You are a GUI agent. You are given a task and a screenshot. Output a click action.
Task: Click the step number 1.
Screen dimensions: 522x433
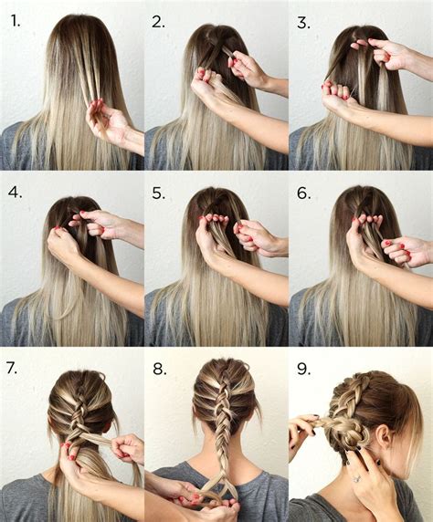15,21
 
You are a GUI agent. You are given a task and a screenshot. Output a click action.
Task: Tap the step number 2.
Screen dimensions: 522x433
159,21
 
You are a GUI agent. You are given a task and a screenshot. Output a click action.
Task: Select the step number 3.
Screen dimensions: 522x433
303,21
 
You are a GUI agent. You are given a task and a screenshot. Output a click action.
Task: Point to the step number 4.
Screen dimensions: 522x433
15,193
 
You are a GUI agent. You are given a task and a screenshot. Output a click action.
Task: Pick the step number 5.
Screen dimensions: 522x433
159,193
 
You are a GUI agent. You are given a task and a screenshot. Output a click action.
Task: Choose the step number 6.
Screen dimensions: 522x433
303,193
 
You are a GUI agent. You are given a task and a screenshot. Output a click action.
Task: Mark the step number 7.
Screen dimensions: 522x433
14,370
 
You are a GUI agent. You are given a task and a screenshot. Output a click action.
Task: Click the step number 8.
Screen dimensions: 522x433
159,370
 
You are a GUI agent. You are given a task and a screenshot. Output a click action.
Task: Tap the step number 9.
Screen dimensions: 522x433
303,370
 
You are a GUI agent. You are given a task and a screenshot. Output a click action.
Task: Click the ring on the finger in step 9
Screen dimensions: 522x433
356,477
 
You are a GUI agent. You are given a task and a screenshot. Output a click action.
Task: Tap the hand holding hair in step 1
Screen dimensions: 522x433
108,121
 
